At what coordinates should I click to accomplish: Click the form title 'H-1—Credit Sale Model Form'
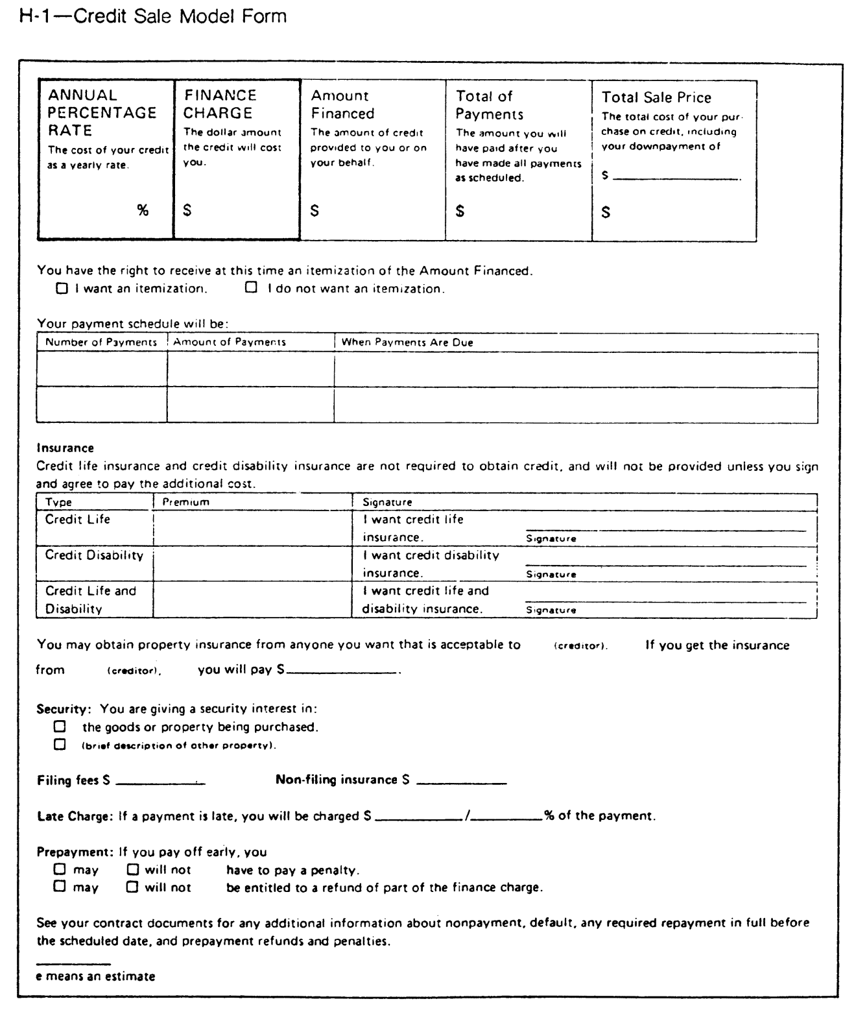click(153, 16)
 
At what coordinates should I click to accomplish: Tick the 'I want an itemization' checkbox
click(62, 289)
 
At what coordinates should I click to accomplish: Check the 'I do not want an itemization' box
click(251, 287)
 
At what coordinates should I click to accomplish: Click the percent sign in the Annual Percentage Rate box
click(142, 210)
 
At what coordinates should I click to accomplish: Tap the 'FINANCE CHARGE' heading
click(220, 104)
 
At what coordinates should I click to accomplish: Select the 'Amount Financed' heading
click(342, 104)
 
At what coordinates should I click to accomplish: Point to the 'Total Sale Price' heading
click(656, 97)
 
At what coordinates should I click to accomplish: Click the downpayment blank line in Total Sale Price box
click(676, 177)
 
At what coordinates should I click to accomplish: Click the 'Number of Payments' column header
click(101, 342)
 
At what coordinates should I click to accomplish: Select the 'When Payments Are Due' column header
click(407, 342)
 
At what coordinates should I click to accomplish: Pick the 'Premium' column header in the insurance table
click(186, 502)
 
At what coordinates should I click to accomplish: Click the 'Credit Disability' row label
click(94, 555)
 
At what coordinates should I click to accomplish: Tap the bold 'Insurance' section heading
click(65, 448)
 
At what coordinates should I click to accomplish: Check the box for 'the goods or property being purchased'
click(60, 727)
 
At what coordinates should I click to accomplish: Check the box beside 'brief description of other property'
click(60, 745)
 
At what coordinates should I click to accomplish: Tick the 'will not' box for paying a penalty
click(133, 869)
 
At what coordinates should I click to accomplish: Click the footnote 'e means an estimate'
click(95, 976)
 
